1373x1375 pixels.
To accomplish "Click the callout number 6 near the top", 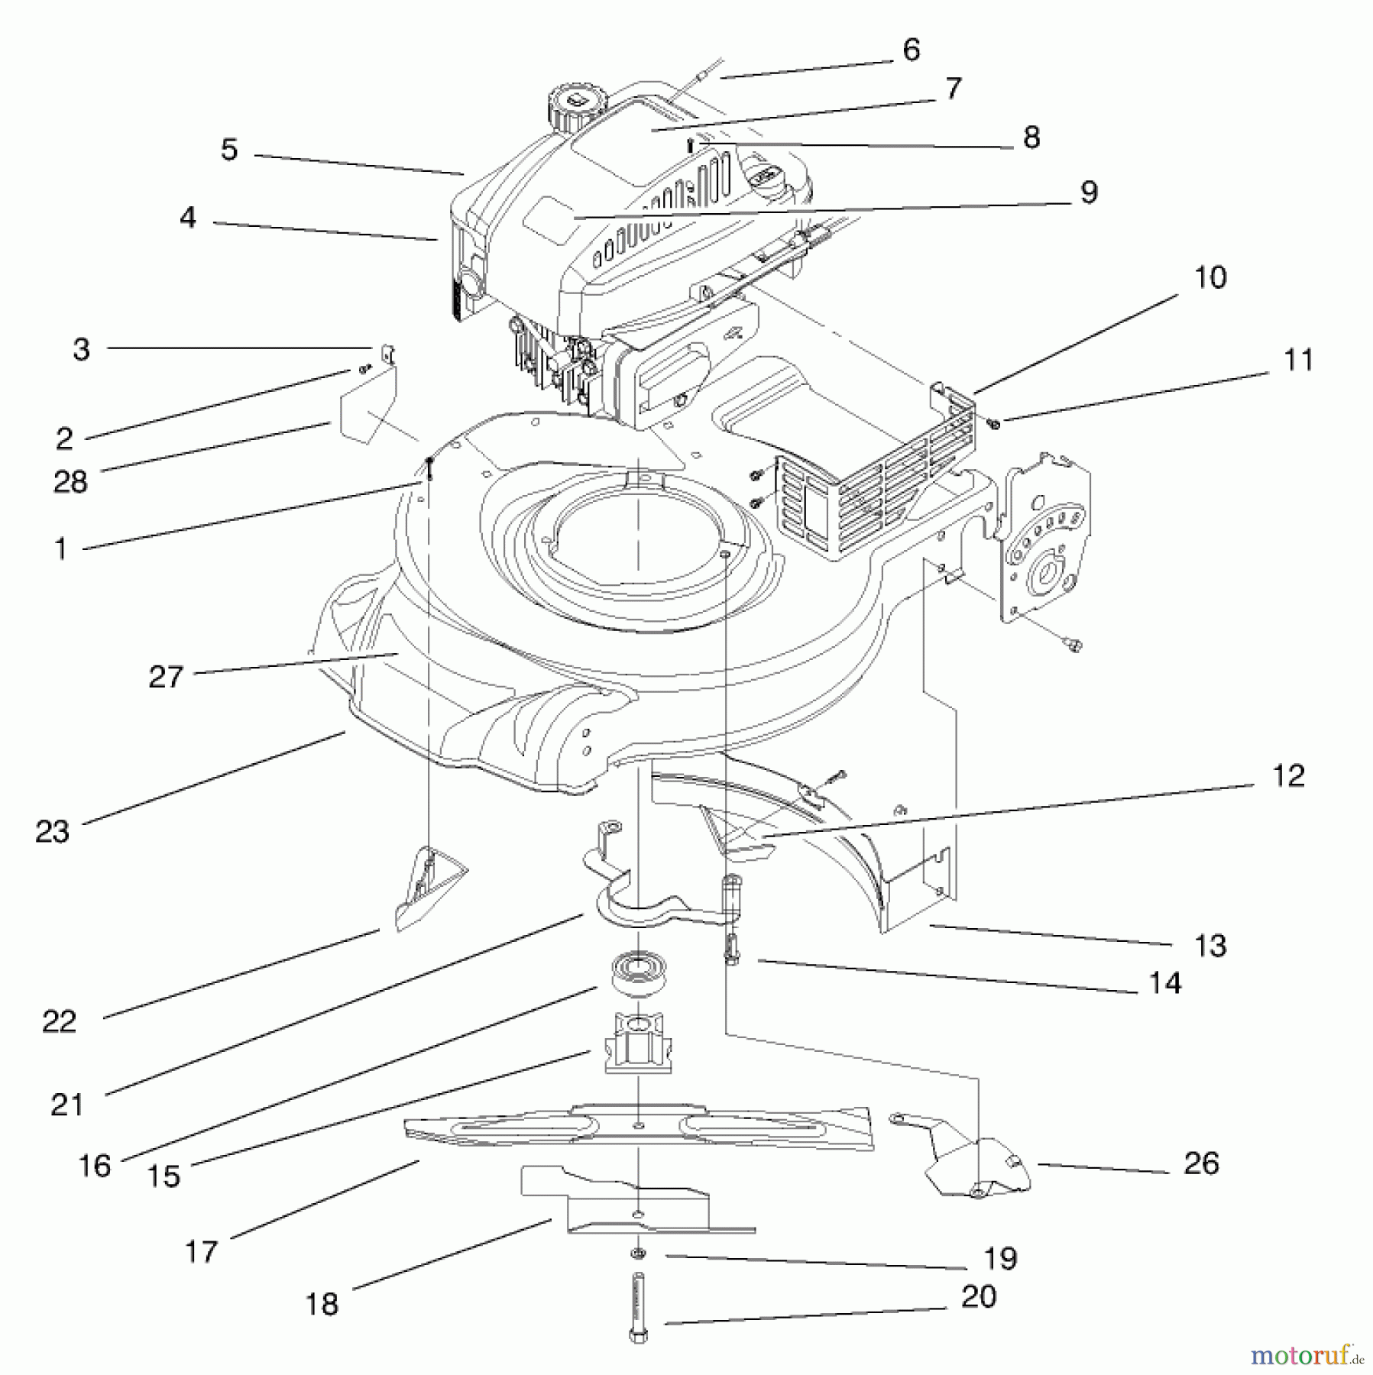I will tap(911, 50).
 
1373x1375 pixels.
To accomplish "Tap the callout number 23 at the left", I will tap(52, 831).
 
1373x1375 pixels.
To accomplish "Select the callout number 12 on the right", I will tap(1288, 776).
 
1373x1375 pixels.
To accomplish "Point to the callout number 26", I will tap(1201, 1163).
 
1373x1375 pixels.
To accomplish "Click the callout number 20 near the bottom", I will tap(979, 1296).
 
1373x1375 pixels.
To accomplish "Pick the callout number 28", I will tap(70, 482).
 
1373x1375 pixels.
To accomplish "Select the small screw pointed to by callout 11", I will tap(993, 422).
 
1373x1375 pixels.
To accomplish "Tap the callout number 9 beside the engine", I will tap(1089, 192).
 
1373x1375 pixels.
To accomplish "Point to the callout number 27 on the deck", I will tap(166, 677).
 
